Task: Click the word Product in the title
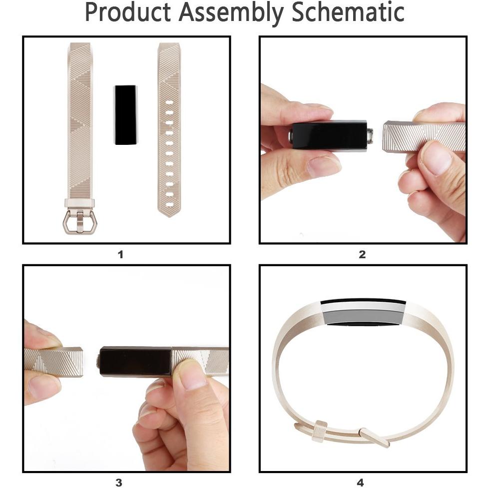(x=127, y=12)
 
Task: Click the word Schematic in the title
(x=348, y=12)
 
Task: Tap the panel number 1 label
(x=120, y=255)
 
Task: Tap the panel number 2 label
(x=362, y=255)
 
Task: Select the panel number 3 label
(x=118, y=483)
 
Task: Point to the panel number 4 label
(x=360, y=483)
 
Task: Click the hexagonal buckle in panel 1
(x=79, y=222)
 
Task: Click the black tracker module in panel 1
(x=125, y=115)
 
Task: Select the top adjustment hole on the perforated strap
(x=169, y=102)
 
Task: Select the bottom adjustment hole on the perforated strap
(x=169, y=205)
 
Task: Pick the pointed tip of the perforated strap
(x=169, y=217)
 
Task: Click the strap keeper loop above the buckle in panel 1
(x=80, y=203)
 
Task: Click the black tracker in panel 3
(x=135, y=361)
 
